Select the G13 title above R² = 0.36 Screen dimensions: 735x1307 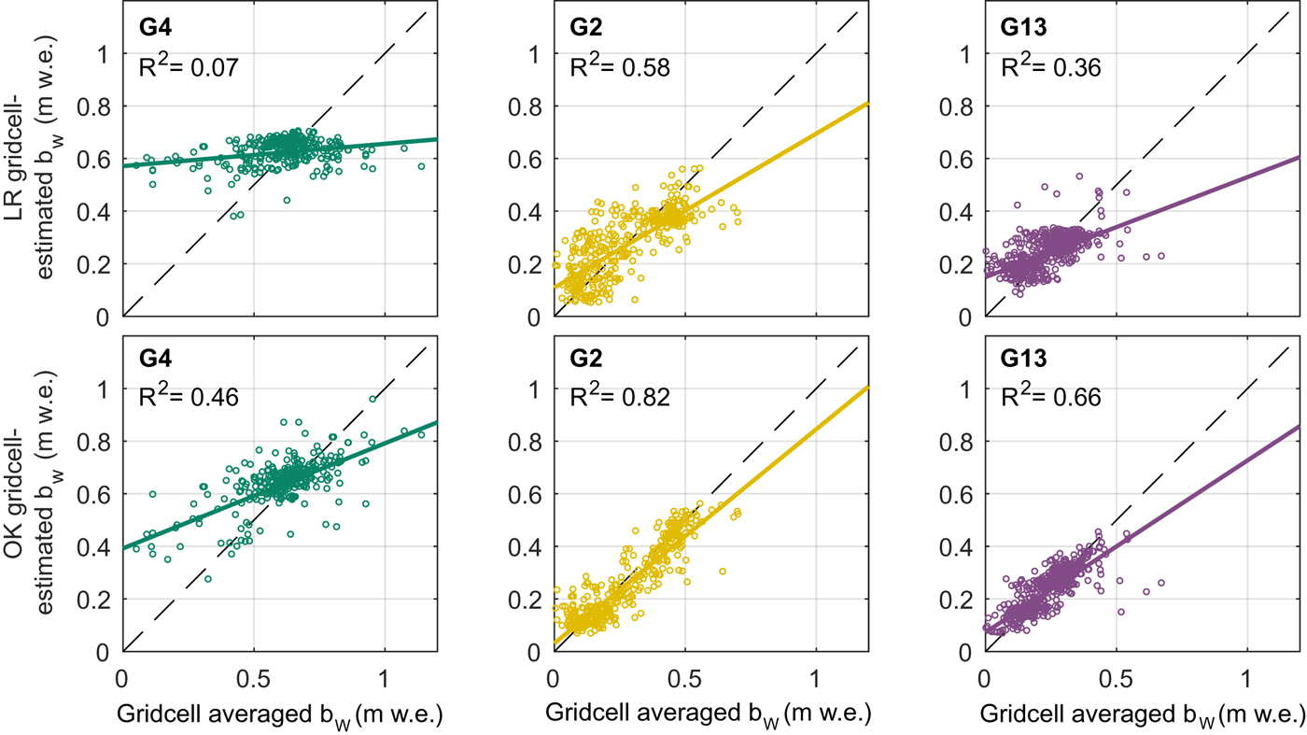[1019, 28]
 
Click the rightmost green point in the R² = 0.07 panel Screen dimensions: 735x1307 [421, 166]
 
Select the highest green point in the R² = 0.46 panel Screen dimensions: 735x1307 [372, 399]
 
